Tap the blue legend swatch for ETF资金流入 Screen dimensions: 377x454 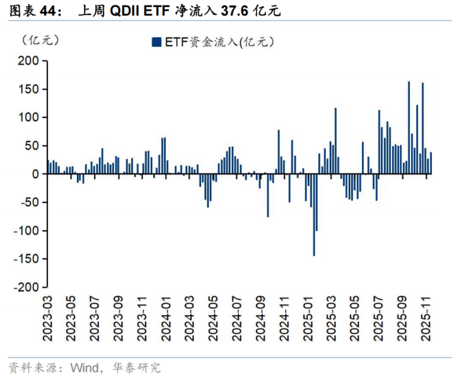coord(155,42)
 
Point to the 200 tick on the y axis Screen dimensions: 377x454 coord(29,61)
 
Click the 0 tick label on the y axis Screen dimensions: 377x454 coord(36,174)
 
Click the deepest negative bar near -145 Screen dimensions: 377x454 coord(313,215)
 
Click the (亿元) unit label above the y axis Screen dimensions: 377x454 coord(40,40)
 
